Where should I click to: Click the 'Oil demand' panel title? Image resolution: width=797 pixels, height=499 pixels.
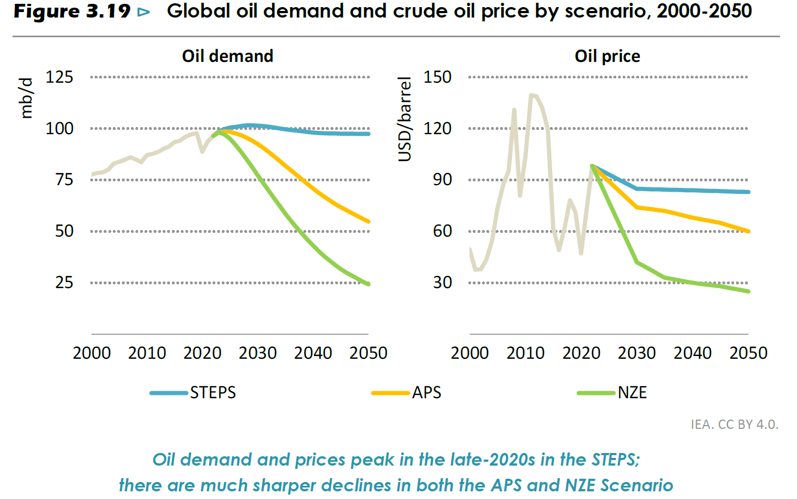[x=227, y=56]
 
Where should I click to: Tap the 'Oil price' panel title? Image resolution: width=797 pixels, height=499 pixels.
[x=607, y=56]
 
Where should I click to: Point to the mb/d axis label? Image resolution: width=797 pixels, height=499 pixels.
[x=26, y=98]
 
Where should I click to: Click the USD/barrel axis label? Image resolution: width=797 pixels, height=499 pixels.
[x=405, y=119]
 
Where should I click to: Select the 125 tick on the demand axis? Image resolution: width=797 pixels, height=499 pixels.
[x=59, y=77]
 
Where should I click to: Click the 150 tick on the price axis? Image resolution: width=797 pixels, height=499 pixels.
[x=437, y=77]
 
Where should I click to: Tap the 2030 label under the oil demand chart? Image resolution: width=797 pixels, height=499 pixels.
[x=257, y=353]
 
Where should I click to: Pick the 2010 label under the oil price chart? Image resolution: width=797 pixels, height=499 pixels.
[x=525, y=353]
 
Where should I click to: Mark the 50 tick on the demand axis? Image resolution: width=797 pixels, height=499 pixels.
[x=64, y=231]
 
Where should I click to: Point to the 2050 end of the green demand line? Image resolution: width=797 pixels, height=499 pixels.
[x=368, y=284]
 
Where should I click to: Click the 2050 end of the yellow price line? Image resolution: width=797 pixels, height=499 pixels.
[x=748, y=231]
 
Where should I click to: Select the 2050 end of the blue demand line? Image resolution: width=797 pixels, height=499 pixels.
[x=368, y=134]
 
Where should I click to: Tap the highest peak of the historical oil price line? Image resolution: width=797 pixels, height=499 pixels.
[x=531, y=95]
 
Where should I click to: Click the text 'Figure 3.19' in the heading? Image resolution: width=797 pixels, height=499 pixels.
[x=72, y=12]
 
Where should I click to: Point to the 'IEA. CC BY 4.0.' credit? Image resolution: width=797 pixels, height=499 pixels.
[x=734, y=425]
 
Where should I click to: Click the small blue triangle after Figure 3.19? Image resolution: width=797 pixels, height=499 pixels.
[x=144, y=12]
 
